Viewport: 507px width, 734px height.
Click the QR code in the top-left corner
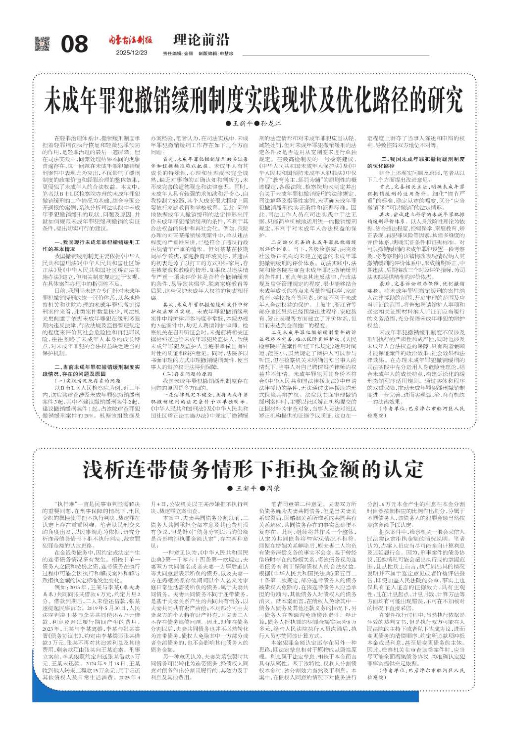coord(42,43)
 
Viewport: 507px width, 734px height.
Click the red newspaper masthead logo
coord(131,41)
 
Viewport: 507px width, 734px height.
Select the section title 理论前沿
coord(202,40)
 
